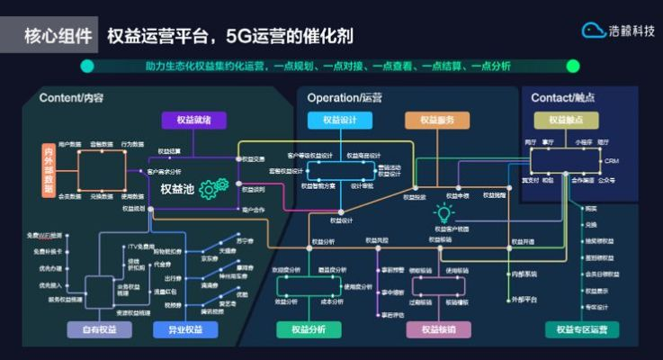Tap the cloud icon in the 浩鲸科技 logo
click(593, 31)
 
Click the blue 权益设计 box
click(339, 121)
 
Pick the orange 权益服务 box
click(436, 121)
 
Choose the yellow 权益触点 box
click(566, 121)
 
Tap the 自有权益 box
click(99, 330)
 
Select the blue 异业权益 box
click(185, 330)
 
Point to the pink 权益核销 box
click(438, 330)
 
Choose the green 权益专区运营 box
click(581, 330)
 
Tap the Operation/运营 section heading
click(345, 97)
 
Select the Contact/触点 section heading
click(563, 97)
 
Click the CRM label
click(612, 160)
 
